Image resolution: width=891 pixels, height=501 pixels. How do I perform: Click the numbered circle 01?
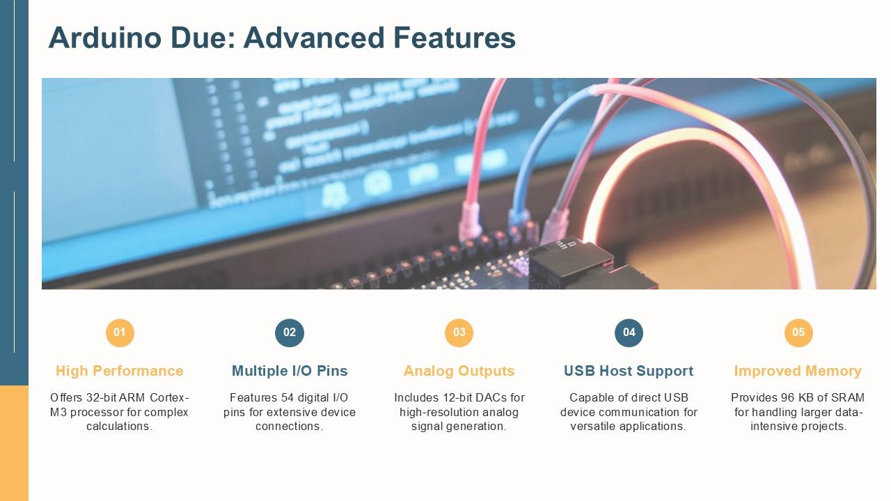(120, 333)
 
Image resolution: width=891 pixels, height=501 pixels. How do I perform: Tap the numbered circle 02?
(290, 333)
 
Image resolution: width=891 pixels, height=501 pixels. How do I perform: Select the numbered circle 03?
(459, 333)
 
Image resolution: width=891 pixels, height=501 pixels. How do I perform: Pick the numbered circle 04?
(629, 333)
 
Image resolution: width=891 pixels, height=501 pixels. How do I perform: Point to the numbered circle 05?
(798, 333)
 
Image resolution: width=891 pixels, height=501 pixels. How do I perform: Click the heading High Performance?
(120, 371)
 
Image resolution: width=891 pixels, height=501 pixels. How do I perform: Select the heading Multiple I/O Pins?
(290, 371)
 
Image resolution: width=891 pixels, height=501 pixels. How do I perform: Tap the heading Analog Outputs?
(459, 371)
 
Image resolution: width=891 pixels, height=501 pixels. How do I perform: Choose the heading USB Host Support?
(629, 371)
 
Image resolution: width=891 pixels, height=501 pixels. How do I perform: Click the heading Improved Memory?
(798, 371)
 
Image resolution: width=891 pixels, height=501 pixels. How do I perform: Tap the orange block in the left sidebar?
(14, 443)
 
